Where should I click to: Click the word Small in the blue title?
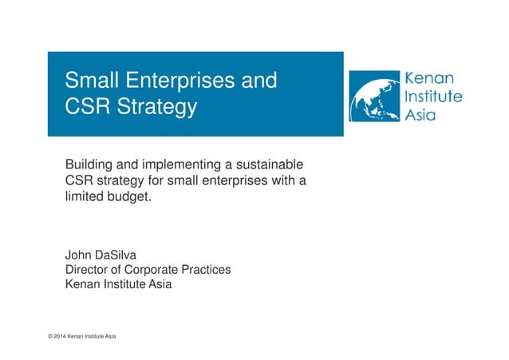pyautogui.click(x=91, y=81)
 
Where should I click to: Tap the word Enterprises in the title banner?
pyautogui.click(x=178, y=81)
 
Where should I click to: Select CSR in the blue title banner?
pyautogui.click(x=86, y=107)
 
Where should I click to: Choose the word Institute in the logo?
pyautogui.click(x=434, y=97)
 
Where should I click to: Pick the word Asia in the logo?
pyautogui.click(x=421, y=114)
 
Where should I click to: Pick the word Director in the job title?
pyautogui.click(x=88, y=269)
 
